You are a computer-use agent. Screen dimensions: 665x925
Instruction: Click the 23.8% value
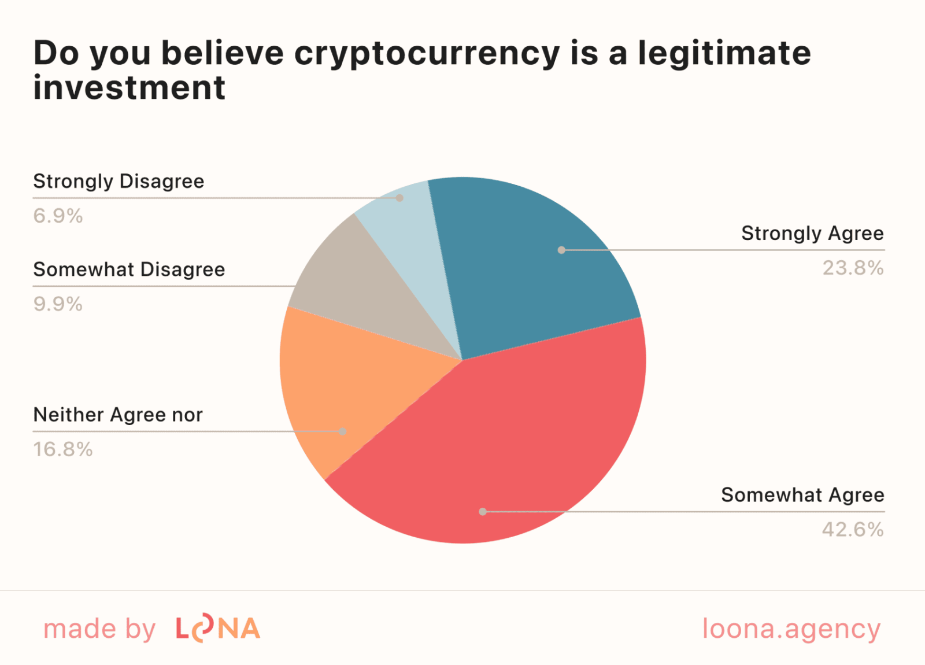pos(853,268)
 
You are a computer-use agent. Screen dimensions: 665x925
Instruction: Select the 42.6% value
pos(853,530)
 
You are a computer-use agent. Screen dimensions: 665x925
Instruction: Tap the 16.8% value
pos(62,449)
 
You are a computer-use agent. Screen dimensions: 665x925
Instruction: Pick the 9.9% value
pos(58,304)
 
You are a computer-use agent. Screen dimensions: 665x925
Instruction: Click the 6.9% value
pos(58,216)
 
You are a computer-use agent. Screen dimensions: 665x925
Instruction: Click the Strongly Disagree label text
pos(119,182)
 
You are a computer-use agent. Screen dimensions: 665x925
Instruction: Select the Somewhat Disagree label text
pos(129,269)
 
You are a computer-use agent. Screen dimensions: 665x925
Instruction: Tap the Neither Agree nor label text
pos(118,415)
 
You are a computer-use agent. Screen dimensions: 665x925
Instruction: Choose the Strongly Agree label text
pos(812,234)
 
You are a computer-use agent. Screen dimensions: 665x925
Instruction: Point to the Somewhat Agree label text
pos(802,495)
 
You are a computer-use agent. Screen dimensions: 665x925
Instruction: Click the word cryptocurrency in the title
pos(427,53)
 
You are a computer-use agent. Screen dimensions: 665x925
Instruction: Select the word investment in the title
pos(129,88)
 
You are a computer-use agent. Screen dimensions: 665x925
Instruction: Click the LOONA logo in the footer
pos(218,629)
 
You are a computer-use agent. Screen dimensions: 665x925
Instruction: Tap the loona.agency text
pos(791,629)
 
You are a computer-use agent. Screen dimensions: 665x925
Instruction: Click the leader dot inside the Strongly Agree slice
pos(561,250)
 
